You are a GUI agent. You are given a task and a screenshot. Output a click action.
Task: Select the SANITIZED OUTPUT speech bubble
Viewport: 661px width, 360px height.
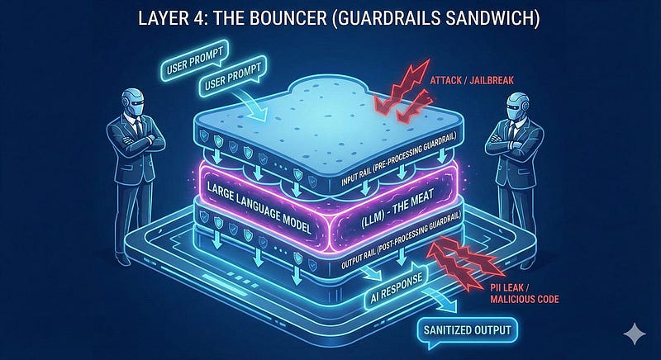pos(467,329)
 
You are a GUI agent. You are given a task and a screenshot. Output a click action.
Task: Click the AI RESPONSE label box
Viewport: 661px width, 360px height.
pos(396,290)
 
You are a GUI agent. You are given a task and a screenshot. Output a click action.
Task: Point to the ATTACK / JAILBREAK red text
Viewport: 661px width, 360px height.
pos(472,80)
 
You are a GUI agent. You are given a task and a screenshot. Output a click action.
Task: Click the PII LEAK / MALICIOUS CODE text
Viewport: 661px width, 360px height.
pos(525,293)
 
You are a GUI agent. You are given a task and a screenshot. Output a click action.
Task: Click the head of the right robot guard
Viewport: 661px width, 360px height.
pos(517,105)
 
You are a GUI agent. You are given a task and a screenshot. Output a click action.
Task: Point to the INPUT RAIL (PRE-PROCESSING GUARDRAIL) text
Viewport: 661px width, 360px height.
pos(400,161)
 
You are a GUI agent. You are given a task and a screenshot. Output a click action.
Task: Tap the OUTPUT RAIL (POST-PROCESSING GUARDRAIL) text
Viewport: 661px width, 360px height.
pos(401,239)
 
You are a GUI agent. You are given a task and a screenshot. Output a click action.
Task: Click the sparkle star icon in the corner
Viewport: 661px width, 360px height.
pos(635,334)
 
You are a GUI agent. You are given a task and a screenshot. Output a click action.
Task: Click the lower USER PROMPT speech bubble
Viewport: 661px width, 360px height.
pos(232,77)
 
